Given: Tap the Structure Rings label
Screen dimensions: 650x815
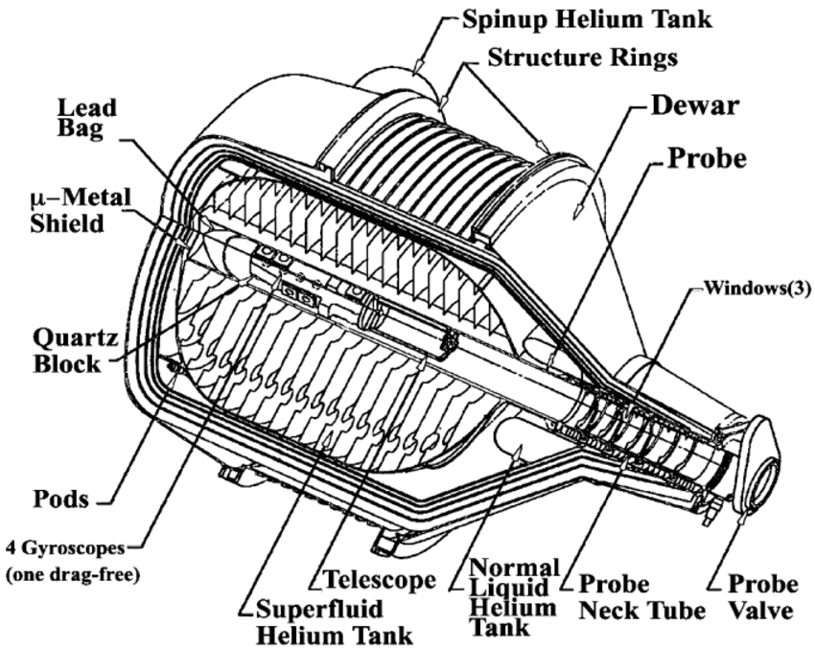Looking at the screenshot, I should (582, 58).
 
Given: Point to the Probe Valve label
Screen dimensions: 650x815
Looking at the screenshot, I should (761, 597).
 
